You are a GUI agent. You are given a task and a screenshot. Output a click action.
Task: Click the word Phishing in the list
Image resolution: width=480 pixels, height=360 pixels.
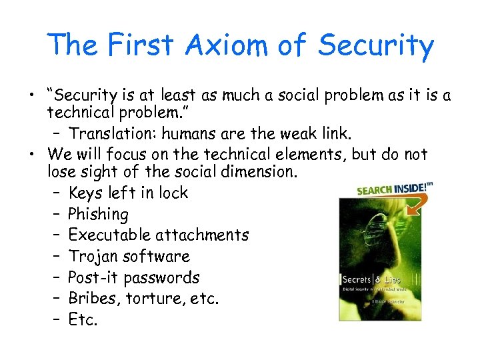click(x=98, y=214)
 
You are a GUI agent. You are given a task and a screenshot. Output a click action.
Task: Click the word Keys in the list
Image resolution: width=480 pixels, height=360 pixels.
click(x=86, y=193)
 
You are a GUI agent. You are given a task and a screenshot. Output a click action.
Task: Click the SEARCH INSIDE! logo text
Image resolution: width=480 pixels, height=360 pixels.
click(x=390, y=189)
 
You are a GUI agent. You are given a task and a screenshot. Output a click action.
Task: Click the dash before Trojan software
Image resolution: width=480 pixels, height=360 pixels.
click(x=55, y=257)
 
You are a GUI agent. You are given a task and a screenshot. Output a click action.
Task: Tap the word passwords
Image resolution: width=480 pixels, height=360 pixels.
click(x=166, y=277)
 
